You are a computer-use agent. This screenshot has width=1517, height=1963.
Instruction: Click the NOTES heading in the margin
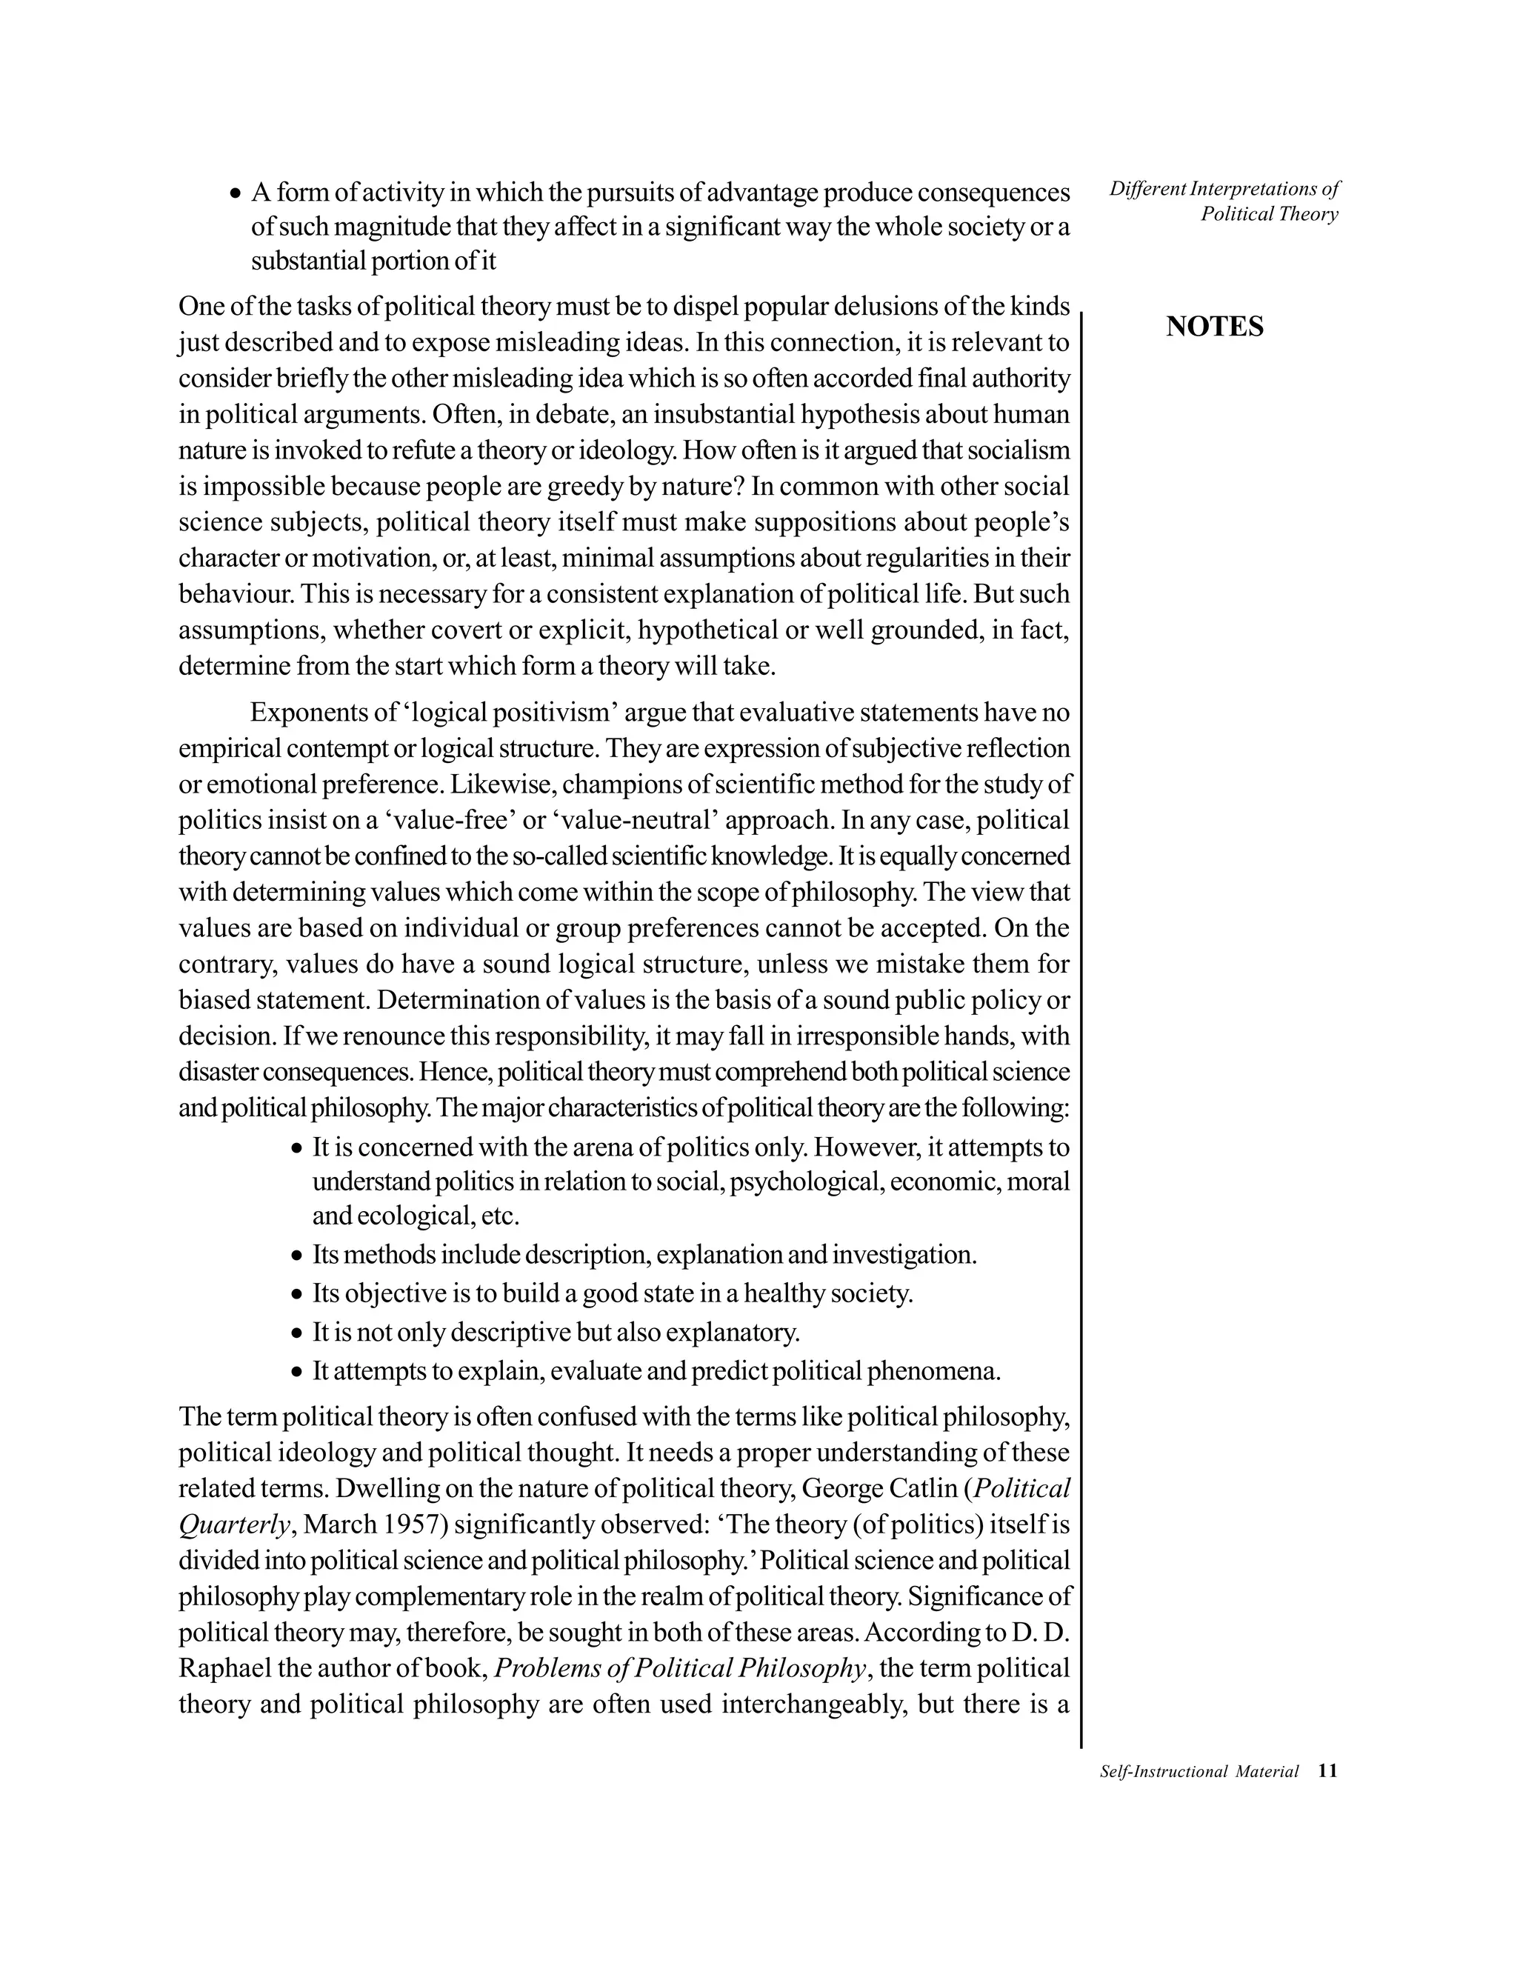click(1214, 327)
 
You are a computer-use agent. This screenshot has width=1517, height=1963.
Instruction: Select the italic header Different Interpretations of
click(1224, 189)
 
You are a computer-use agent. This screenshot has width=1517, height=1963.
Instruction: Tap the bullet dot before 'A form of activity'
click(236, 193)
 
